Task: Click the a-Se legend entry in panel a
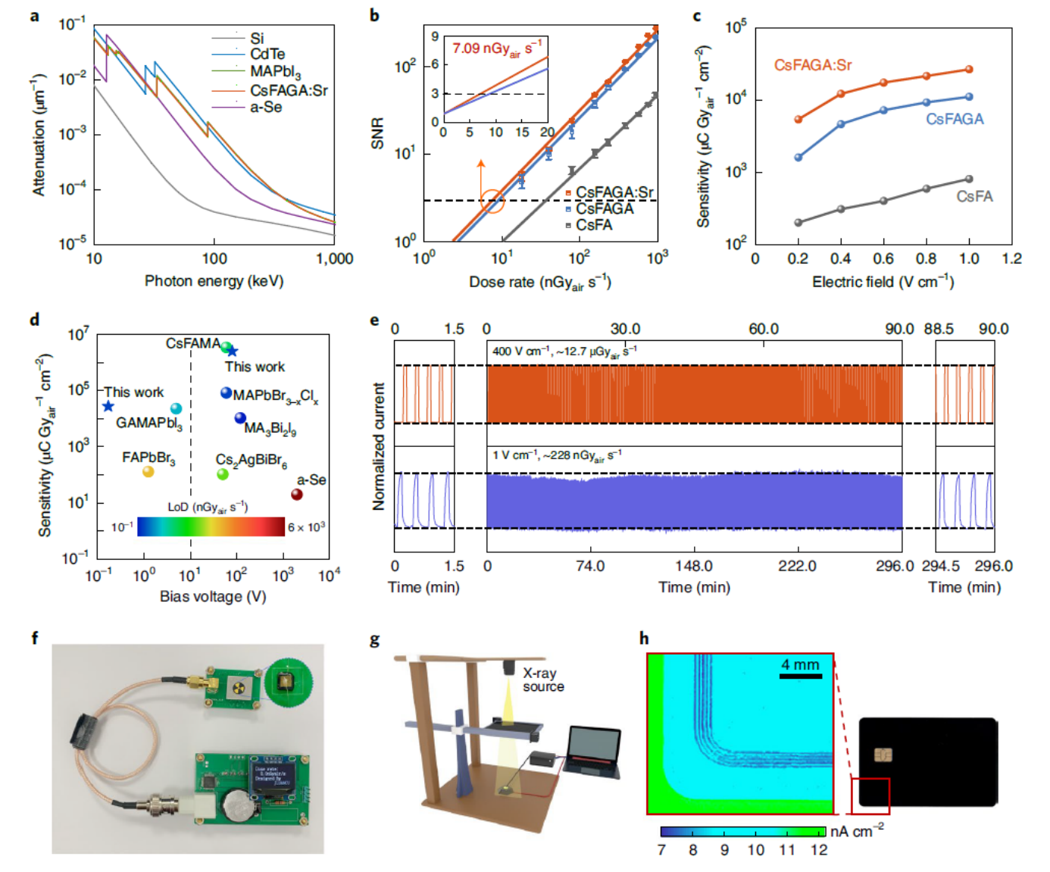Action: coord(265,108)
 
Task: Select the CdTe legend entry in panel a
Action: coord(267,54)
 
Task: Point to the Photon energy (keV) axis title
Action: coord(214,281)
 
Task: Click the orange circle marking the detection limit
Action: coord(493,201)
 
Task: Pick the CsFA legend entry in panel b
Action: coord(593,225)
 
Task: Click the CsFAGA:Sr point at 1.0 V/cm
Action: coord(969,70)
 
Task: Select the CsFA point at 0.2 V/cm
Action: coord(798,223)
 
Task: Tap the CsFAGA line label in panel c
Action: coord(955,119)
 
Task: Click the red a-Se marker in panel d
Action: coord(297,495)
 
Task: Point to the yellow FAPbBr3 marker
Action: coord(148,472)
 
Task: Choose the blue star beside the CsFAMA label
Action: coord(233,351)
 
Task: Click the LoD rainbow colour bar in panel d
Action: coord(211,527)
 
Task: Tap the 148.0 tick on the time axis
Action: coord(694,566)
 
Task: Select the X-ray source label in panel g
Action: coord(543,680)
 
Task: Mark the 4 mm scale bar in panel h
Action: coord(800,675)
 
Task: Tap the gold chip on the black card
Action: coord(883,755)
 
